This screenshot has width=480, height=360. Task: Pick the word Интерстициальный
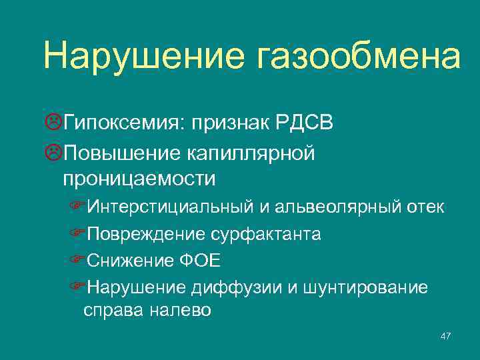coord(169,207)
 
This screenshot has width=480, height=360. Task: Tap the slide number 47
coord(446,337)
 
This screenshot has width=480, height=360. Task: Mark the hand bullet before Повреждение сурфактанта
coord(78,235)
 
